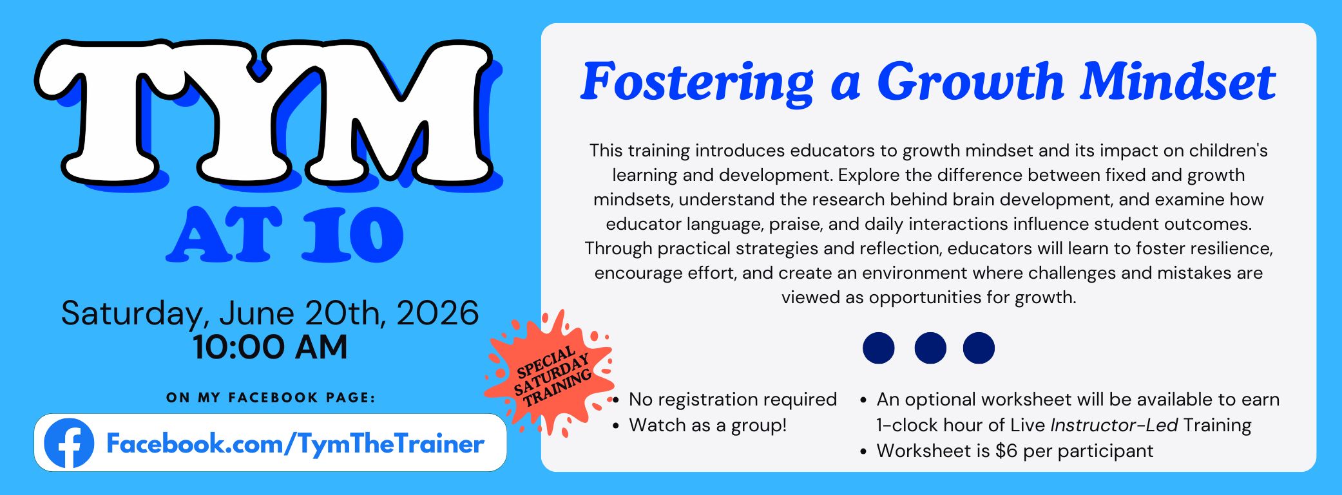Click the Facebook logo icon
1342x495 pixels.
[x=69, y=443]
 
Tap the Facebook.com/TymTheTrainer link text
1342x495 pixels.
[x=295, y=444]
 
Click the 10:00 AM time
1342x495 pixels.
[x=270, y=348]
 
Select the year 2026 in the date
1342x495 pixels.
[x=437, y=313]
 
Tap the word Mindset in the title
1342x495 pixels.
[x=1178, y=82]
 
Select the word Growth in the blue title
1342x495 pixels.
[x=970, y=82]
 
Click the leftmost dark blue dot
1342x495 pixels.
[x=879, y=348]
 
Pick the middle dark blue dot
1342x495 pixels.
[x=930, y=348]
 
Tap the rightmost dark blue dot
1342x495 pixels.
[x=979, y=348]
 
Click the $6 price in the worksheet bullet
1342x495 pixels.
[x=1006, y=451]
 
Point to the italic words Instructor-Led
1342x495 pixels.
[x=1114, y=425]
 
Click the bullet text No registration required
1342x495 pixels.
[x=733, y=400]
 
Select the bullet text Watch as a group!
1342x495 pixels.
[x=707, y=425]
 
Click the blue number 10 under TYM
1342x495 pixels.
[x=354, y=234]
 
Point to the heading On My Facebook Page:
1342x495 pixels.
[x=271, y=398]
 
